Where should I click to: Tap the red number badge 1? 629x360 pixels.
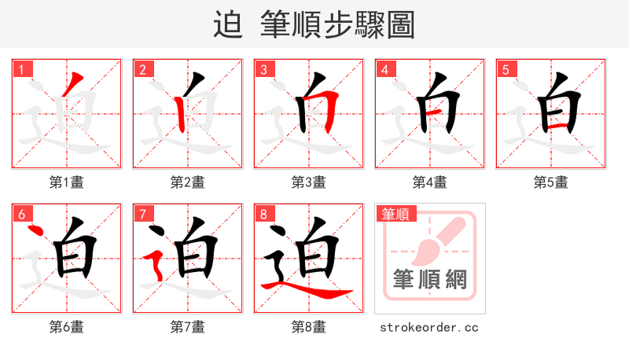pos(21,69)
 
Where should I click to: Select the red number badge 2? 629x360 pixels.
pos(142,69)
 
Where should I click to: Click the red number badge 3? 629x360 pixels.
pos(263,69)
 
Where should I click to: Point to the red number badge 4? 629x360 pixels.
pos(384,69)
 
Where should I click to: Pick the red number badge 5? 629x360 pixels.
pos(506,69)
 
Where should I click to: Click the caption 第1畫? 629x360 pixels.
pos(67,182)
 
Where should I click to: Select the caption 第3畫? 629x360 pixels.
pos(309,182)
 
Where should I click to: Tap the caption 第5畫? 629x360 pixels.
pos(551,182)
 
